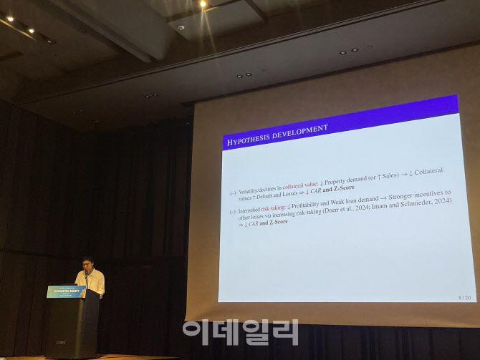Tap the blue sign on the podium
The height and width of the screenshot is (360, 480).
click(67, 291)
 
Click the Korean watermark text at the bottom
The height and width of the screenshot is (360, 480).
click(239, 332)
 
